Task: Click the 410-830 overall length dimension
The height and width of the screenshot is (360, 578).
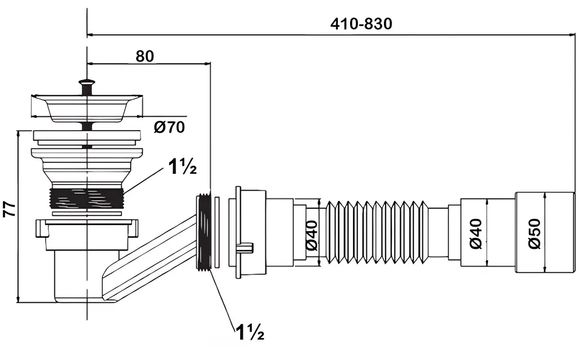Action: point(361,24)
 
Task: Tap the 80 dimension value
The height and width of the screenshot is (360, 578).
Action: point(144,56)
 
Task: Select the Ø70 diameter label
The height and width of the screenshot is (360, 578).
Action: point(170,127)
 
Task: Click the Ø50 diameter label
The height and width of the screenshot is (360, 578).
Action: point(534,234)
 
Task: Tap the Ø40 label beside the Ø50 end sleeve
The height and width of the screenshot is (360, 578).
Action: point(476,234)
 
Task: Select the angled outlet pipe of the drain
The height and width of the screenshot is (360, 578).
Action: point(150,250)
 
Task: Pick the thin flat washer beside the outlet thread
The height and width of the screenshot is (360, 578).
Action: point(217,232)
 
